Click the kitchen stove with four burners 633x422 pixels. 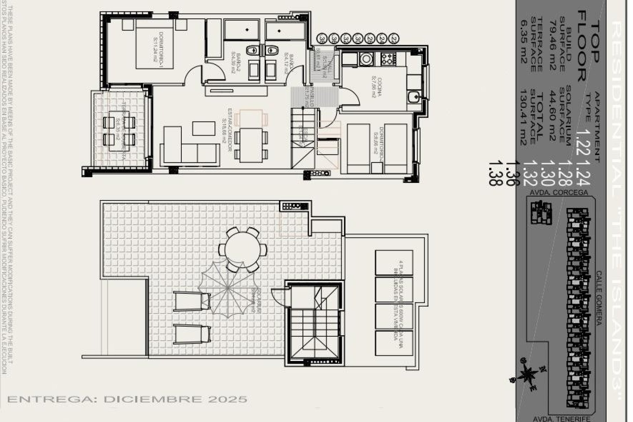[x=388, y=59]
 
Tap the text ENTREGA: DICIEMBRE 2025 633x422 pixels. [x=127, y=399]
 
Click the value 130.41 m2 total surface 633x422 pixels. [x=523, y=118]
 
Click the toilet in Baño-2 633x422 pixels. [x=253, y=50]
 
